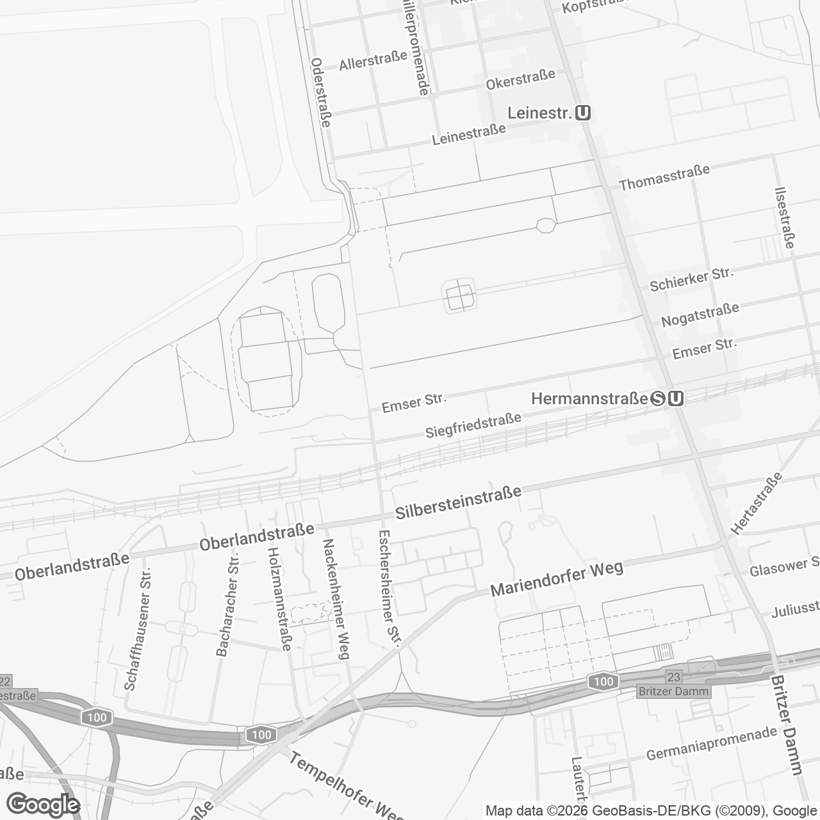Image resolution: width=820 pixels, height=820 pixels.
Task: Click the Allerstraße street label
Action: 373,61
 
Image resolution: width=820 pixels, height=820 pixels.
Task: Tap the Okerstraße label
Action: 520,80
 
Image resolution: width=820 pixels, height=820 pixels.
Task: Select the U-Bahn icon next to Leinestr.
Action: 583,113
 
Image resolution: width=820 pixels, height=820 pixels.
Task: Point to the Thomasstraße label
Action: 664,177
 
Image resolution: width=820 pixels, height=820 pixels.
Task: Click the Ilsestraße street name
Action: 785,217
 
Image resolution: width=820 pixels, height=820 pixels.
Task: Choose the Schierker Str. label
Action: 691,280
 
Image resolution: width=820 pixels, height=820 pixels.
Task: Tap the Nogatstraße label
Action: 700,314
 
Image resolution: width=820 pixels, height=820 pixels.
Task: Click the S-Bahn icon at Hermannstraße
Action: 658,398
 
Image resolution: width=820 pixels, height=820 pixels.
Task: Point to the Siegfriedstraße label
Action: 473,426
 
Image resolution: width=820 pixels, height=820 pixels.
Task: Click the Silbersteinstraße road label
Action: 458,503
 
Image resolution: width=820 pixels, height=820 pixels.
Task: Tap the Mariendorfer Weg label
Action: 557,579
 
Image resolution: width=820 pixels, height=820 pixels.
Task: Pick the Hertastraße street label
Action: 757,504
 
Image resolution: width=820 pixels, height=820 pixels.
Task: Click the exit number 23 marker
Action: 673,677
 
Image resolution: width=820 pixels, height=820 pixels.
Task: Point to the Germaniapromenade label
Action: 711,744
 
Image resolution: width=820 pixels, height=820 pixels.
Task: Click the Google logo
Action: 44,804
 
